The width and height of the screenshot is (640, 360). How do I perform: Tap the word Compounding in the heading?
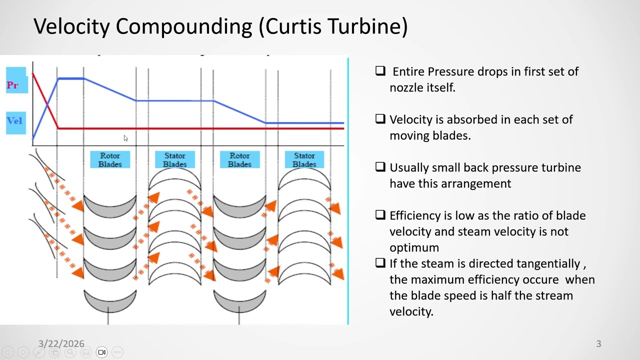click(183, 26)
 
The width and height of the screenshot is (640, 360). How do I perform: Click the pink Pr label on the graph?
click(13, 85)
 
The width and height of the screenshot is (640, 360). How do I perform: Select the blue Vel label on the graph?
click(14, 120)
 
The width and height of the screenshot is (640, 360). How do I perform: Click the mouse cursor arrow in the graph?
click(125, 138)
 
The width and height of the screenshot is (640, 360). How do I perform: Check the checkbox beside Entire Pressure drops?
click(380, 71)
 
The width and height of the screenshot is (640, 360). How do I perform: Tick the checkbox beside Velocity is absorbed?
click(380, 119)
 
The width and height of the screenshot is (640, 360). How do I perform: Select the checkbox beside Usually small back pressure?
click(380, 167)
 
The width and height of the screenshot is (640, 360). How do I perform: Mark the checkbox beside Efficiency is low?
click(380, 215)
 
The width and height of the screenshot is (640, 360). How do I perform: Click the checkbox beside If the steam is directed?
click(380, 263)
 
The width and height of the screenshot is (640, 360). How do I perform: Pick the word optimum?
click(414, 247)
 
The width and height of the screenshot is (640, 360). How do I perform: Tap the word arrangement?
click(475, 183)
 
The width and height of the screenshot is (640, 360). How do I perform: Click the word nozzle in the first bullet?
click(405, 87)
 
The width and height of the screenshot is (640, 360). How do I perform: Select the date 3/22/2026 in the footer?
click(61, 343)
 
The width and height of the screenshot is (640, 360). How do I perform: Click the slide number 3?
click(598, 343)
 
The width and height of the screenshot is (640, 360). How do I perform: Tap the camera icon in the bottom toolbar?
click(101, 352)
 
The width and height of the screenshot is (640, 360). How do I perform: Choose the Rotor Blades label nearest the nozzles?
click(110, 160)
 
